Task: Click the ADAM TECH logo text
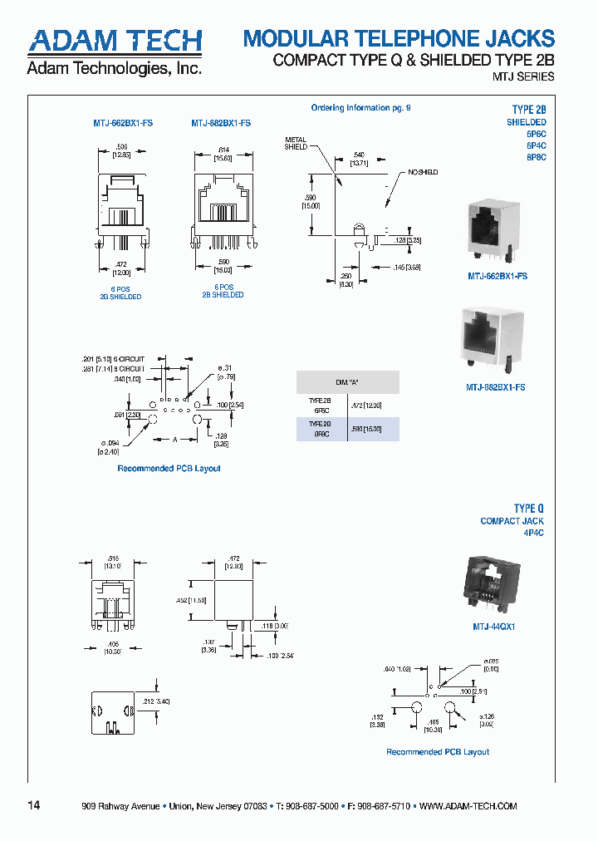click(115, 42)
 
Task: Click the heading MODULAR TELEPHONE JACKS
click(399, 38)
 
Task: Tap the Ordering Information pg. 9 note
click(360, 108)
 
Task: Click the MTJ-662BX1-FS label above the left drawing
click(122, 123)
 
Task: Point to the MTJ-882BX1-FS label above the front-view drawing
click(221, 123)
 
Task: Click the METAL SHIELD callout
click(296, 143)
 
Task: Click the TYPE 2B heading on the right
click(528, 110)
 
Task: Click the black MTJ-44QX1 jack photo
click(492, 584)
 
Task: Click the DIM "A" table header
click(347, 382)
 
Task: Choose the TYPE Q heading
click(528, 509)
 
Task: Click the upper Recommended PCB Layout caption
click(169, 469)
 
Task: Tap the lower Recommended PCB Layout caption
click(438, 752)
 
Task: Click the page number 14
click(34, 806)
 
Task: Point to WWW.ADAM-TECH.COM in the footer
click(468, 807)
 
